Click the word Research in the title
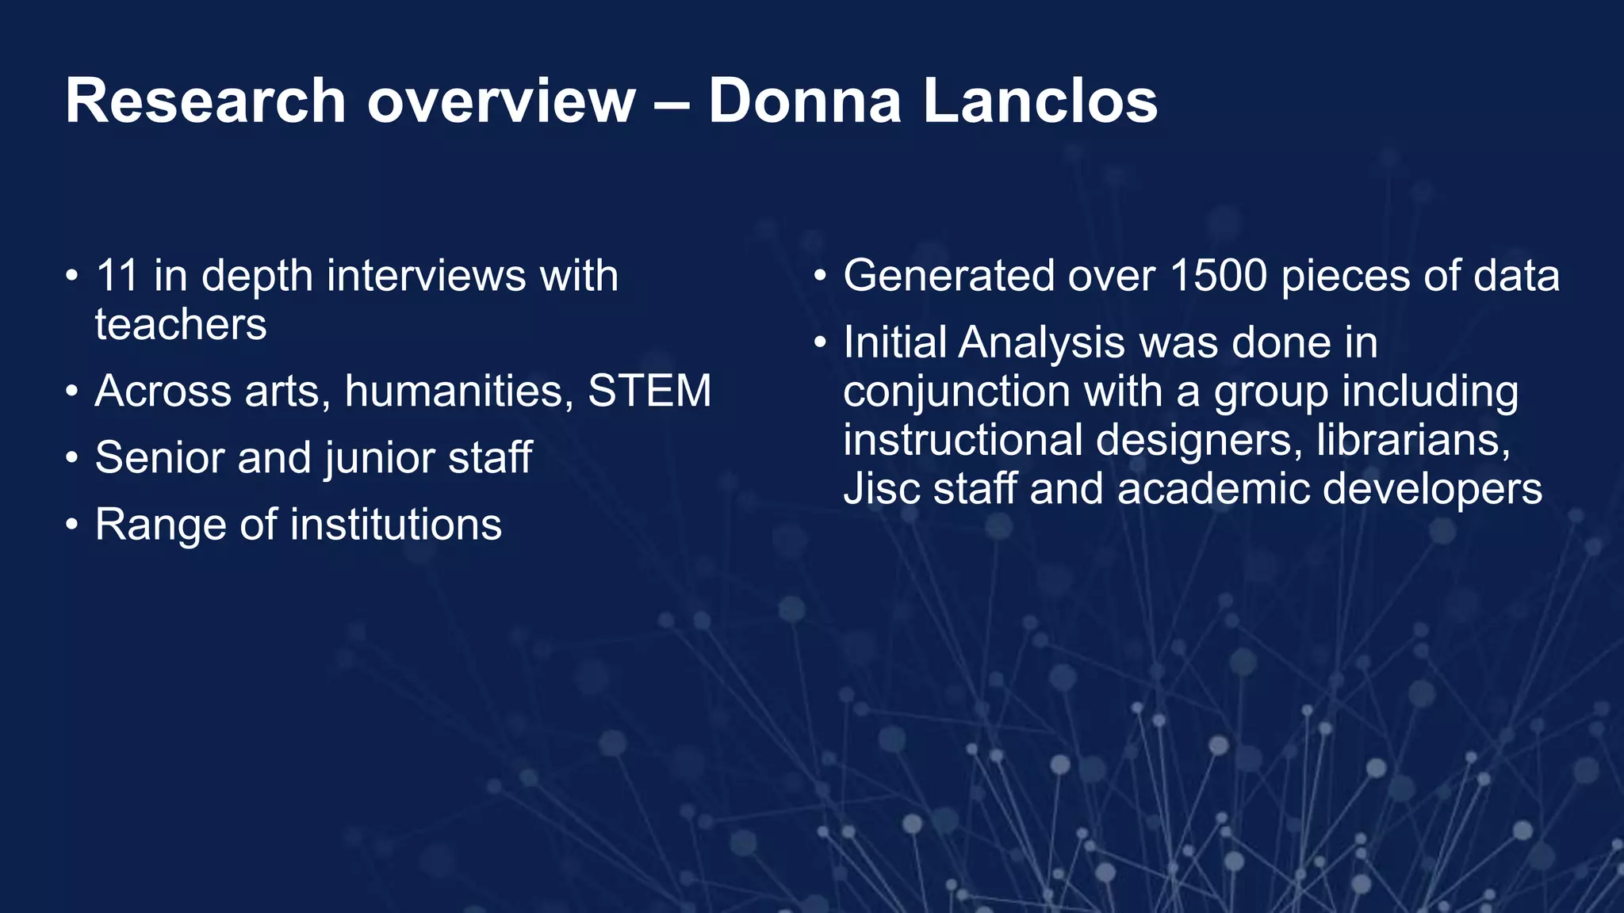pyautogui.click(x=205, y=101)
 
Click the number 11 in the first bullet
pyautogui.click(x=117, y=276)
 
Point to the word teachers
pyautogui.click(x=181, y=325)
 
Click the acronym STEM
pyautogui.click(x=649, y=392)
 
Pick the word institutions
pyautogui.click(x=396, y=525)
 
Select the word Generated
pyautogui.click(x=948, y=276)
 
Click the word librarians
pyautogui.click(x=1413, y=440)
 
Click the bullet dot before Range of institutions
pyautogui.click(x=72, y=525)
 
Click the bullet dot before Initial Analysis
pyautogui.click(x=821, y=343)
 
